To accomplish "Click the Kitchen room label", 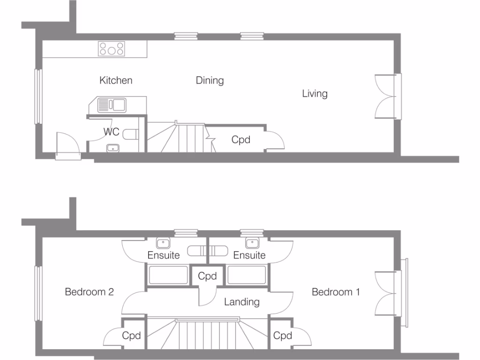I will click(116, 81).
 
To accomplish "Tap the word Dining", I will click(210, 81).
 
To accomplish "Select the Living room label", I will click(315, 94).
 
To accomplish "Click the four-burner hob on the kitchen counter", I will click(112, 49).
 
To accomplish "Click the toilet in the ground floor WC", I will click(132, 135).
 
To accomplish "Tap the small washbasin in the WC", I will click(112, 149).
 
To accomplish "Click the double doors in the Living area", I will click(387, 97).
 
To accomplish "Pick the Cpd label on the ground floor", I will click(241, 140).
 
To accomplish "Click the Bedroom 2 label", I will click(89, 292).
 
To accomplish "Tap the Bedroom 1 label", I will click(336, 292).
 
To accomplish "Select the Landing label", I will click(241, 302).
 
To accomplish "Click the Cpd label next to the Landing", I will click(207, 276).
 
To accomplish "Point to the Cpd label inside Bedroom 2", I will click(132, 336).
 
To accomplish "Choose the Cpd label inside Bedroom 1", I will click(283, 336).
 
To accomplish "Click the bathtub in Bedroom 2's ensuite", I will click(168, 275).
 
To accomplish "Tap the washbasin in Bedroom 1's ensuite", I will click(252, 243).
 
